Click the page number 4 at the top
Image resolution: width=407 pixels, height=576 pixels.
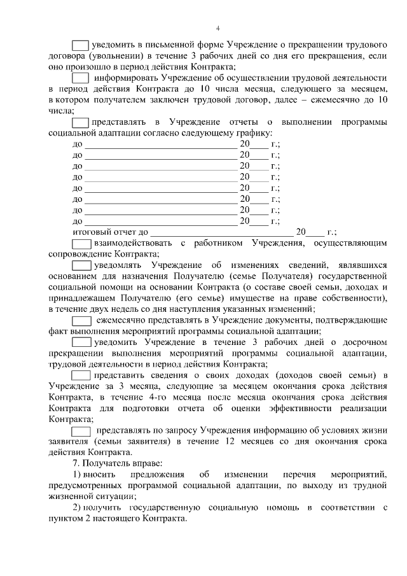point(217,29)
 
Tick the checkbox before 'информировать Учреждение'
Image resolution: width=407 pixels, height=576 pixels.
point(80,78)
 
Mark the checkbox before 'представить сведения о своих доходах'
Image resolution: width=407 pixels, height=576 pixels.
point(81,375)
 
